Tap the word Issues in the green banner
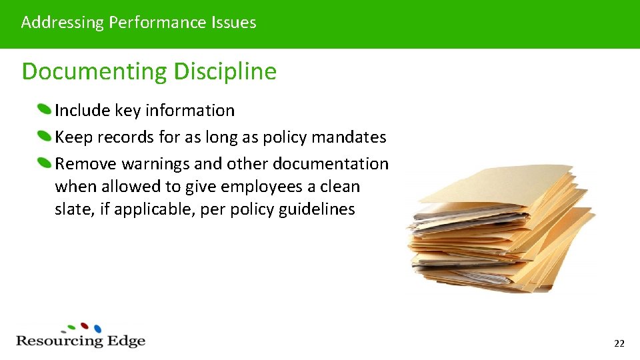(234, 23)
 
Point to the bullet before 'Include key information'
(44, 109)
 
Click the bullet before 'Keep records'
(44, 136)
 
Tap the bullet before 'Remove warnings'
(44, 163)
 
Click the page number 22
(619, 343)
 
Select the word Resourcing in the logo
(59, 341)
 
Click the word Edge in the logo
(126, 341)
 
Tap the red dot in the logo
(85, 326)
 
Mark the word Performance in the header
(158, 23)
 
